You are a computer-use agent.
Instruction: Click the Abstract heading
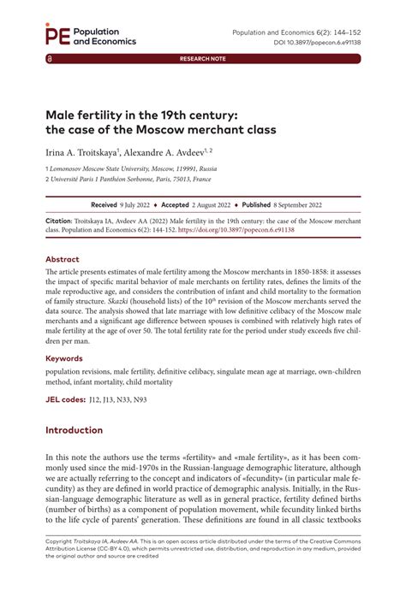point(66,257)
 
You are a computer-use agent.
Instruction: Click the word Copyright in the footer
point(63,565)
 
